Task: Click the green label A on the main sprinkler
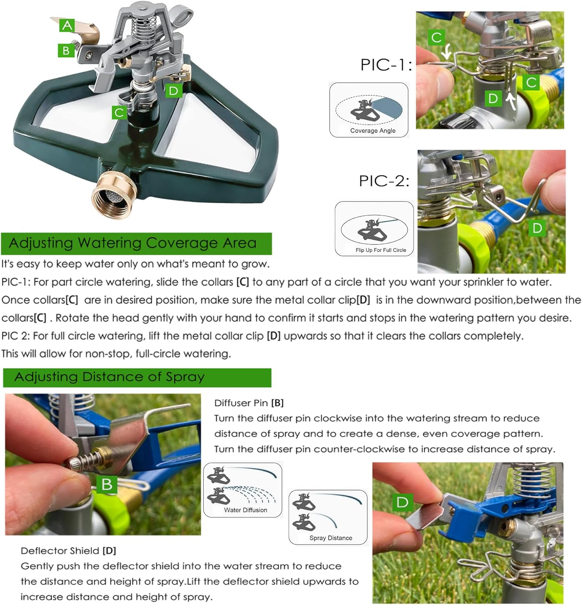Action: [x=67, y=25]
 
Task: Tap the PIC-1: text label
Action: [x=385, y=65]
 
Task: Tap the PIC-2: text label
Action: [x=384, y=181]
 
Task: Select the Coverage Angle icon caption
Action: [x=373, y=131]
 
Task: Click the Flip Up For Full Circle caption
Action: [x=381, y=250]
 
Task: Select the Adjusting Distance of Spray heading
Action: [x=110, y=377]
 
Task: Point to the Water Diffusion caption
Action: [x=246, y=510]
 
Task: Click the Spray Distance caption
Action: [x=331, y=538]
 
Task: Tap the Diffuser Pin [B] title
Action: [x=249, y=403]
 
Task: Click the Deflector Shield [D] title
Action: [x=68, y=551]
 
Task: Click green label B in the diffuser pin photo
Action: [x=106, y=484]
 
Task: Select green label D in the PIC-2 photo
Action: [x=537, y=228]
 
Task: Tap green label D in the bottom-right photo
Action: [x=402, y=502]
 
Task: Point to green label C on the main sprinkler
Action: [x=119, y=112]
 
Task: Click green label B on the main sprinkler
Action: [x=66, y=51]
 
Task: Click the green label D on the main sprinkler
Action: [x=173, y=90]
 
